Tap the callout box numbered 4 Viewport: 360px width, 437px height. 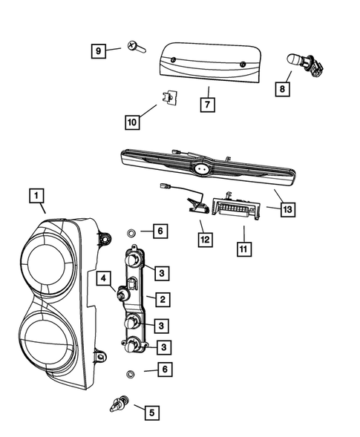coord(104,280)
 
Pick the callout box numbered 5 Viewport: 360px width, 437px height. coord(151,411)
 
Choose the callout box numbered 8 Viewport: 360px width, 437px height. coord(282,89)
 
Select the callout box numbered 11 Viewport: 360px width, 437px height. coord(243,249)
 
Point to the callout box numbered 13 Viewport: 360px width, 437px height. coord(287,210)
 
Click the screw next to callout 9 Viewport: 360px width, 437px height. coord(134,47)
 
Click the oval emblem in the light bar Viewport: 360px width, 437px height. coord(201,170)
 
